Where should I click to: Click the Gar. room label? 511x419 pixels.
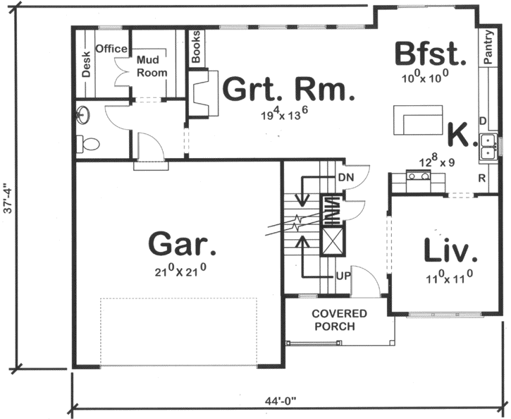tap(182, 244)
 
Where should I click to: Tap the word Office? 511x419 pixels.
tap(111, 49)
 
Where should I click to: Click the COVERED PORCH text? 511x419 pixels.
tap(340, 320)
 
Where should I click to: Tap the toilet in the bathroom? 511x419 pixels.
tap(88, 145)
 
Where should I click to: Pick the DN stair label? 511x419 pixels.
tap(345, 176)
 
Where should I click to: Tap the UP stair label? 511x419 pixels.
tap(343, 274)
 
